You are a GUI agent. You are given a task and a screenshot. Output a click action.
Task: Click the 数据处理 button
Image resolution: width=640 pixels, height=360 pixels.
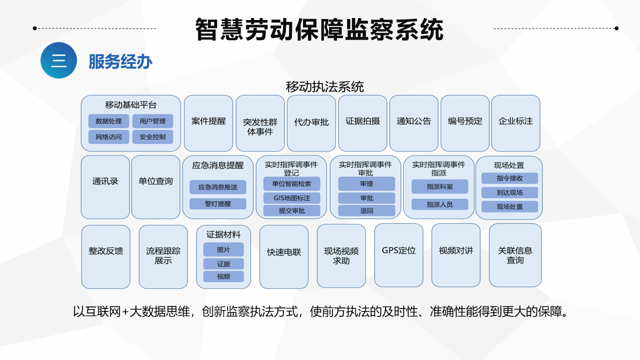click(x=108, y=121)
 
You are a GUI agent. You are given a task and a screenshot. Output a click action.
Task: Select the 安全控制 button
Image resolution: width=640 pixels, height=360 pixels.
click(x=152, y=137)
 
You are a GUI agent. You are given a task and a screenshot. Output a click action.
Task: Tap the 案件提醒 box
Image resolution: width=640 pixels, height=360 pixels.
click(x=208, y=123)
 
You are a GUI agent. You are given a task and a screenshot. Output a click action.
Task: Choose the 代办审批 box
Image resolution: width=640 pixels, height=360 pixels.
click(x=311, y=123)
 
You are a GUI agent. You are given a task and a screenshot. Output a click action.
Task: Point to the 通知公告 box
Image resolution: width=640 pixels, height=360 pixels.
click(x=413, y=123)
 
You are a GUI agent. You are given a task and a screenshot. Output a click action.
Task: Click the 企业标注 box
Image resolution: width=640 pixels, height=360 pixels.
click(x=515, y=123)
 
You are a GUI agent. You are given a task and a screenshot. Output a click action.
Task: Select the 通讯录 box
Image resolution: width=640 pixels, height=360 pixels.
click(x=105, y=187)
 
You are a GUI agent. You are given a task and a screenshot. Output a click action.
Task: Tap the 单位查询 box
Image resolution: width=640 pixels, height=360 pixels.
click(x=155, y=187)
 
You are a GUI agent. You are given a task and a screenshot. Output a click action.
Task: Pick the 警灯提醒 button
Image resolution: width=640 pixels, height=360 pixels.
click(x=217, y=203)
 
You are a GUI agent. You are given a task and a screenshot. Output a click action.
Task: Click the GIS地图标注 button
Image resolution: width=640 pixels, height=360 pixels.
click(x=291, y=198)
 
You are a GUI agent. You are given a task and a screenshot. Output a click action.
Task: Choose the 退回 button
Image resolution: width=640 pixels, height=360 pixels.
click(x=366, y=211)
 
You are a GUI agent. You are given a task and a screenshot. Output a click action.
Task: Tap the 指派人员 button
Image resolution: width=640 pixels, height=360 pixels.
click(x=439, y=204)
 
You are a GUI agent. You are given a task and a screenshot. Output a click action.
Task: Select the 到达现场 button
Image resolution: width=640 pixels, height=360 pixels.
click(x=509, y=192)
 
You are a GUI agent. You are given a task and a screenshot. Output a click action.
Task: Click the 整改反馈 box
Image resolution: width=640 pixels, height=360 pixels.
click(x=105, y=257)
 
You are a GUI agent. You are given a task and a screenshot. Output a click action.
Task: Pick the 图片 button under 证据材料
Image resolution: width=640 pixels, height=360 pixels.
click(x=223, y=249)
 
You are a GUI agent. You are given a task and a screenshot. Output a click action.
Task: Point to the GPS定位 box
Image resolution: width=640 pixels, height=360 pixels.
click(x=398, y=255)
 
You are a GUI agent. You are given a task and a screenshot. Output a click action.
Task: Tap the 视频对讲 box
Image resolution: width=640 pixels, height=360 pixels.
click(x=455, y=255)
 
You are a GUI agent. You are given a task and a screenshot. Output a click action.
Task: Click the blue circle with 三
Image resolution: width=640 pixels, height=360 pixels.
click(x=58, y=60)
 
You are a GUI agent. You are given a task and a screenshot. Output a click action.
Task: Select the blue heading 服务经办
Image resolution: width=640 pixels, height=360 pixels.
click(x=120, y=61)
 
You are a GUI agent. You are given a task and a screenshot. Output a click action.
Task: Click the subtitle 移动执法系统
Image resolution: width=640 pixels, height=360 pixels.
click(x=324, y=87)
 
